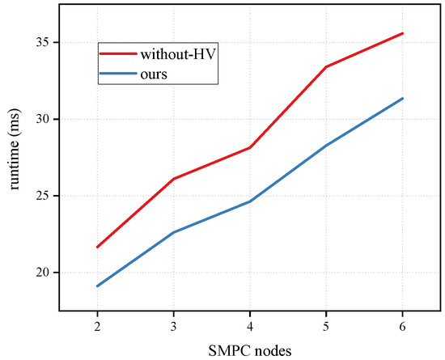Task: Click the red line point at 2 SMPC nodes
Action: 97,247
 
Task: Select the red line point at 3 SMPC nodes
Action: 173,179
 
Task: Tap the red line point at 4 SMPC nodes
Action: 249,147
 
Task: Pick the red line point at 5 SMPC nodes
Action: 326,66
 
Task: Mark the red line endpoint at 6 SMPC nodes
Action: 402,33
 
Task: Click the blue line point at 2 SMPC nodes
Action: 97,286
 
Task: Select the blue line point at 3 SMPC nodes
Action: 173,232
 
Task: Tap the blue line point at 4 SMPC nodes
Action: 249,201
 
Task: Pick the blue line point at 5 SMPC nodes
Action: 326,146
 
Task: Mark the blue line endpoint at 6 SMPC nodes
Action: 402,98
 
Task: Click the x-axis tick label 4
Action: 249,323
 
